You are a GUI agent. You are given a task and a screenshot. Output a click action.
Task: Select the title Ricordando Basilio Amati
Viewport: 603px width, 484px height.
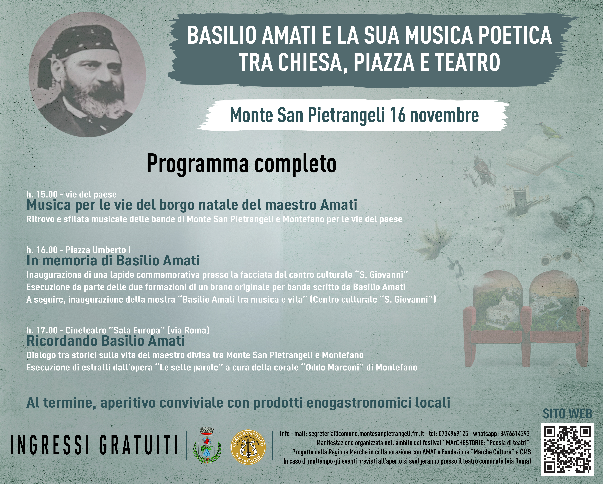coord(106,341)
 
